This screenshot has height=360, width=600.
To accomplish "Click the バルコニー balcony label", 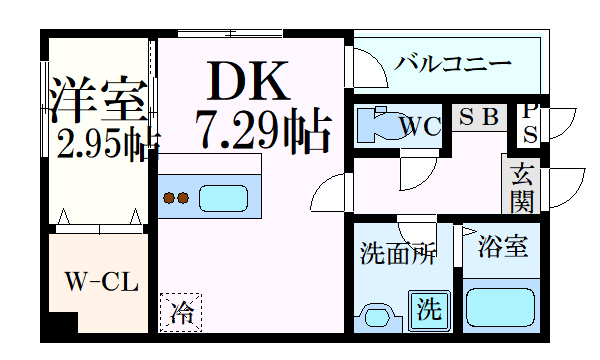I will (453, 63).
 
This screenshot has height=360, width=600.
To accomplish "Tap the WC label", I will (421, 127).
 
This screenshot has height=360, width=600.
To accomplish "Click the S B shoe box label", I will (479, 116).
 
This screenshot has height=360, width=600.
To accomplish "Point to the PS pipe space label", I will (530, 122).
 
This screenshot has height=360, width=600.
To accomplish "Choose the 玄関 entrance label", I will (523, 188).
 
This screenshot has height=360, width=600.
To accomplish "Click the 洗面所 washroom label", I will (398, 254).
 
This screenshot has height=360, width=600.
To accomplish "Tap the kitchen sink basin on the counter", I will (224, 197).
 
